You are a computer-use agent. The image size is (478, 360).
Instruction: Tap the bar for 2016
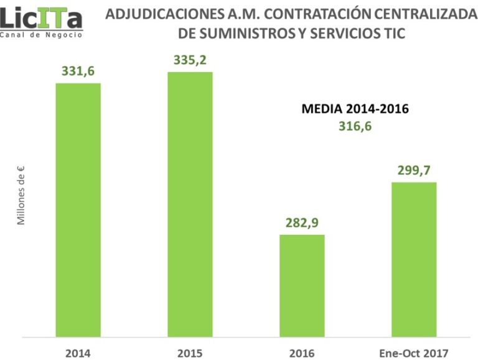pos(301,286)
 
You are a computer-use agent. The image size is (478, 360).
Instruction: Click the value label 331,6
pos(78,72)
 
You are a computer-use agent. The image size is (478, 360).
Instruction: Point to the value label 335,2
pos(189,60)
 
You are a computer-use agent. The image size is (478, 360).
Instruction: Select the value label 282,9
pos(301,223)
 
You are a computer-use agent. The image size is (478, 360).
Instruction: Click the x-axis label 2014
pos(78,353)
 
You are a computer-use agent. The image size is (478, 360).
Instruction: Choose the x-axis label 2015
pos(189,353)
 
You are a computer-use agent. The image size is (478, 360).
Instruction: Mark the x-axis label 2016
pos(301,353)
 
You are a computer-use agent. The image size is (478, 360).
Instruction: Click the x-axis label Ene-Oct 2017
pos(413,353)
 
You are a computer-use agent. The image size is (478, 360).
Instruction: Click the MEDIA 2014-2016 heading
pos(355,109)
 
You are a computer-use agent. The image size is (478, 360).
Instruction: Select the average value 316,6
pos(355,127)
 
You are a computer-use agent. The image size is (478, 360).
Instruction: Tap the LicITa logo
pos(41,17)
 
